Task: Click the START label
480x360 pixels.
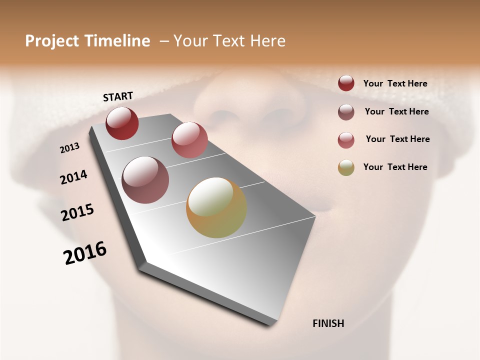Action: (x=118, y=96)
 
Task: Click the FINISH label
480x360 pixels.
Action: (x=328, y=323)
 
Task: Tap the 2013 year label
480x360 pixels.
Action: (x=70, y=148)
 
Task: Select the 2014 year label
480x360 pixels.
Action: (x=73, y=177)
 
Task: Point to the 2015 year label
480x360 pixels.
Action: (x=77, y=212)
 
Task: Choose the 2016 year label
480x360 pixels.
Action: (x=85, y=252)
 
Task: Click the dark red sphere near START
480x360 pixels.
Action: (x=122, y=123)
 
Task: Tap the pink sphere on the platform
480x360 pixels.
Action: (x=189, y=140)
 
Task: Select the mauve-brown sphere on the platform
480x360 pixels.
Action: (x=145, y=180)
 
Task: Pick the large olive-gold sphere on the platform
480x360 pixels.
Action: (x=216, y=207)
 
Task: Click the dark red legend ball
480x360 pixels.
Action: (x=346, y=83)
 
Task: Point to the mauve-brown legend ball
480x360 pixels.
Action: (x=346, y=112)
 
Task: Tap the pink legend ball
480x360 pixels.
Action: (x=346, y=139)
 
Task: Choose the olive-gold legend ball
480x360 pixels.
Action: (x=346, y=167)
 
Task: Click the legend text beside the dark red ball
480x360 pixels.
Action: (x=395, y=83)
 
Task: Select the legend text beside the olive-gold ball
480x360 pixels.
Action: (x=395, y=167)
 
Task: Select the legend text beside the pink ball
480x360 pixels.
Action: (x=397, y=139)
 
